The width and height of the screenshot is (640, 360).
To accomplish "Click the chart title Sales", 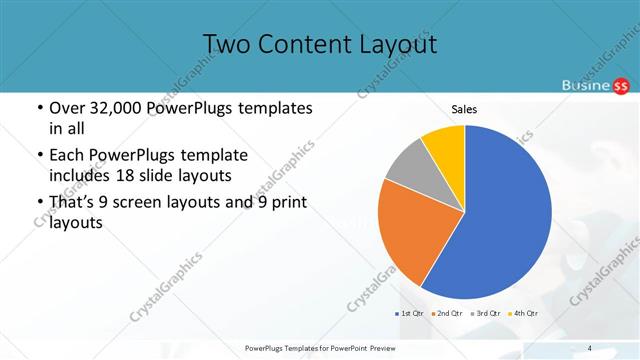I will [463, 108].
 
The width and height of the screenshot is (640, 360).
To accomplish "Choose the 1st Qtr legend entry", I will [410, 314].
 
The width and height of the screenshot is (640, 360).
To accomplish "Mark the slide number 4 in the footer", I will [590, 348].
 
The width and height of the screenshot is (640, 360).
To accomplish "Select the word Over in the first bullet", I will [66, 108].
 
